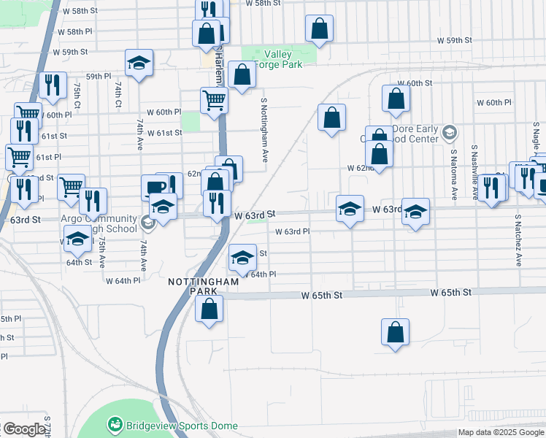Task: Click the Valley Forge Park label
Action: [x=278, y=58]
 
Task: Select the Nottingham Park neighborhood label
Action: [x=193, y=285]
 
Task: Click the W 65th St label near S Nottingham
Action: [x=322, y=296]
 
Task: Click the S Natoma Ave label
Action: [x=453, y=176]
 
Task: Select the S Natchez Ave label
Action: [x=518, y=240]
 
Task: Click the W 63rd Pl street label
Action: [x=293, y=231]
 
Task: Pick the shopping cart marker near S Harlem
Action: [x=212, y=100]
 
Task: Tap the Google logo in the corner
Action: [x=24, y=429]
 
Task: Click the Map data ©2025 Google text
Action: [x=501, y=432]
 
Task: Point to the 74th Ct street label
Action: [x=118, y=95]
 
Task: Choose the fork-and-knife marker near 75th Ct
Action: [x=53, y=85]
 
